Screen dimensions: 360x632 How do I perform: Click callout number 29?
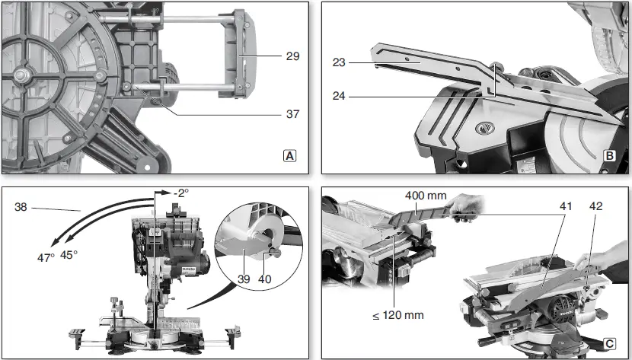pyautogui.click(x=292, y=56)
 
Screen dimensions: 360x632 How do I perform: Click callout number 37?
pyautogui.click(x=292, y=114)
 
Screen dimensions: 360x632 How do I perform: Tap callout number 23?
pyautogui.click(x=340, y=63)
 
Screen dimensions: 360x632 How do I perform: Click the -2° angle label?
pyautogui.click(x=180, y=194)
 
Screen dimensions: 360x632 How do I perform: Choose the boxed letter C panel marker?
pyautogui.click(x=610, y=343)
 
